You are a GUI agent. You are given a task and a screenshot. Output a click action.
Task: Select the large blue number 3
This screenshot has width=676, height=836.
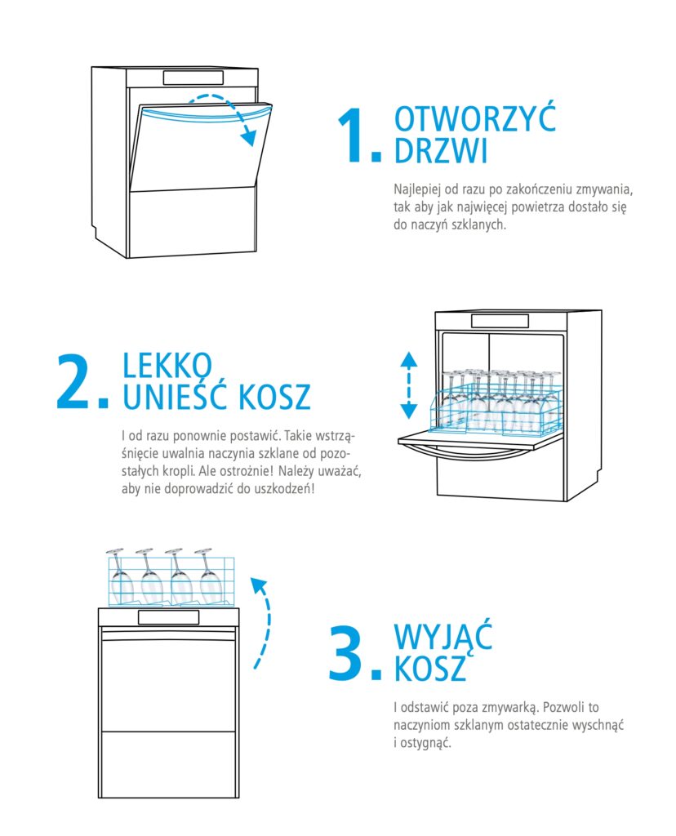tap(347, 653)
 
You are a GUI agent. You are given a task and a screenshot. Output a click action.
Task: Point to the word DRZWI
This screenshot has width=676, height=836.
tap(440, 150)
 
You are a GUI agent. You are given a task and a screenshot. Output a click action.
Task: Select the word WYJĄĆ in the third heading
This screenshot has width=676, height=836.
tap(443, 636)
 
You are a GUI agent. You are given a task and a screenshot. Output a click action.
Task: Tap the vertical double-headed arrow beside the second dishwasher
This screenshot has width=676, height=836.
tap(408, 385)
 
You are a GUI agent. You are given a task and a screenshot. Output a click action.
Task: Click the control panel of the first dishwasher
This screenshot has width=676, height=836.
tap(193, 78)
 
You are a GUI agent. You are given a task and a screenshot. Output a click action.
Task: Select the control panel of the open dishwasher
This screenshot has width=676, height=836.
tap(500, 321)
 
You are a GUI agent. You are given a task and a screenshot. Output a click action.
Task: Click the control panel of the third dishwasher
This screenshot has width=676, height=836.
tap(168, 617)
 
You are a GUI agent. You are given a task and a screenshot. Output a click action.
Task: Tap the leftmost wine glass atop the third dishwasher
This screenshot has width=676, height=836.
tap(121, 577)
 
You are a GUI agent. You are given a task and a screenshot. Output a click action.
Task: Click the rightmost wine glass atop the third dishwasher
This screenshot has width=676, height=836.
tap(208, 577)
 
